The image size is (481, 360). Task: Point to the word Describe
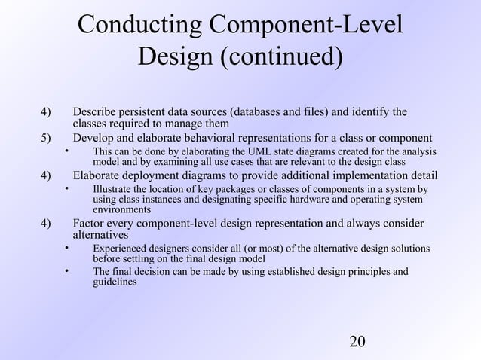click(93, 112)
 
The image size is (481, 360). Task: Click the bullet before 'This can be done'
click(66, 151)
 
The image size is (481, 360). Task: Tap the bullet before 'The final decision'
click(66, 271)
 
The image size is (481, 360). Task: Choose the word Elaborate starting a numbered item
click(98, 176)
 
